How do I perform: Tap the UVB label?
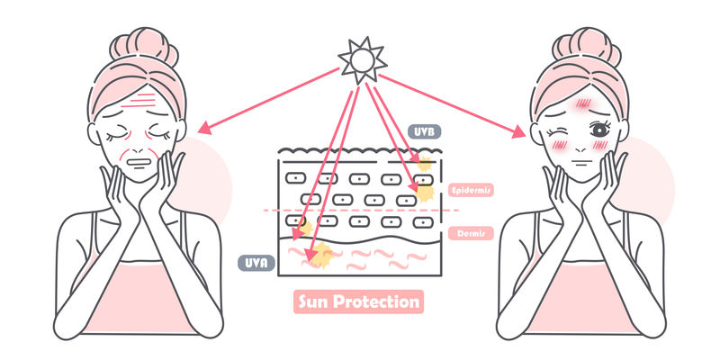tap(421, 132)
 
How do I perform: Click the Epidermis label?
tap(470, 190)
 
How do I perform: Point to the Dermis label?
tap(468, 233)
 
